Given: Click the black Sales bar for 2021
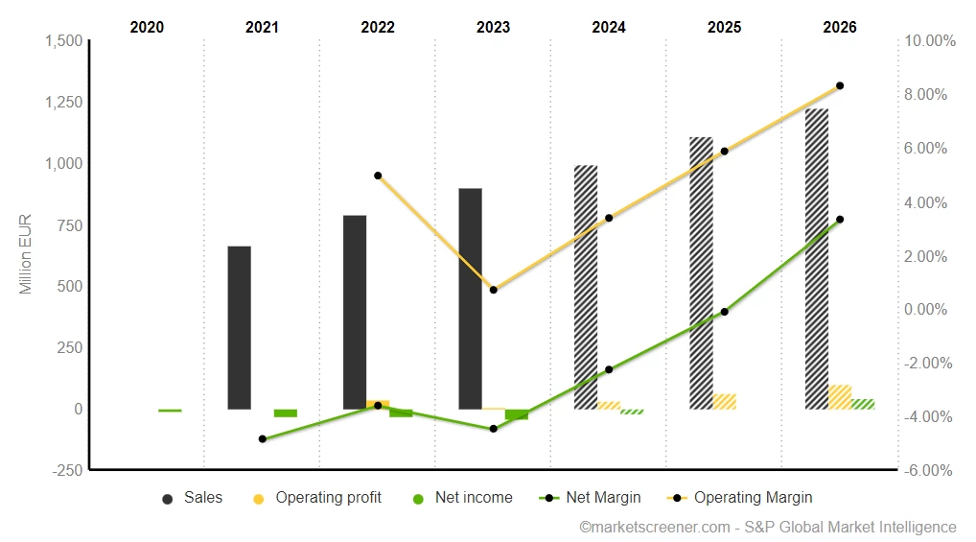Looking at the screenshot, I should point(239,327).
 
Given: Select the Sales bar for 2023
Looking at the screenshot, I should point(470,298).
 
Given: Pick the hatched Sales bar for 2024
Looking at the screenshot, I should point(586,287).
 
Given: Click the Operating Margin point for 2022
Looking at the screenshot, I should point(378,176).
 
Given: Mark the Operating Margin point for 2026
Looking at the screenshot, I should point(840,86).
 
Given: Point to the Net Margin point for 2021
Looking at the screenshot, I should point(262,438).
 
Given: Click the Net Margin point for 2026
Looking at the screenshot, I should point(840,220).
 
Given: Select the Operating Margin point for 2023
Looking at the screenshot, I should point(494,290).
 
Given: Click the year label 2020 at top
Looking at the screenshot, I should point(147,27).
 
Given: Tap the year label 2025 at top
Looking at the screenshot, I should point(724,27).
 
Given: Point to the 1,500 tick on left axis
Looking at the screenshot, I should point(64,40).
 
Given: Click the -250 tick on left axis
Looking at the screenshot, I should point(67,470).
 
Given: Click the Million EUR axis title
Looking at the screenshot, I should point(26,254).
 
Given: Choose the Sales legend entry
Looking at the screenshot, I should point(194,498).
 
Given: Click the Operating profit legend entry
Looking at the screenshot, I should point(317,498).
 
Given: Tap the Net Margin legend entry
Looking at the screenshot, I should point(592,498).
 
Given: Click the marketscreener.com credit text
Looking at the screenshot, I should point(767,527).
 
